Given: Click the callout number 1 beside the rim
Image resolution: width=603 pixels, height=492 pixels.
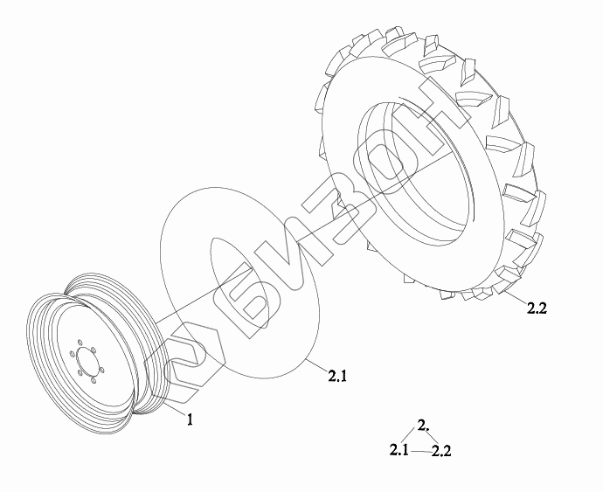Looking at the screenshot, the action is [190, 419].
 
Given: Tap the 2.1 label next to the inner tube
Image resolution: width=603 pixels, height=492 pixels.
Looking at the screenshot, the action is [337, 376].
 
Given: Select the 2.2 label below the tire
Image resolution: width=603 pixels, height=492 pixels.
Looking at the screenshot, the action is [537, 308].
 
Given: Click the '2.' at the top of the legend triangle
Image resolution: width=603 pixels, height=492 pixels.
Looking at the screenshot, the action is [423, 426].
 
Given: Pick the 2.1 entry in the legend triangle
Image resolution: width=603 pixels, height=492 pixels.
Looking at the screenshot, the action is [399, 450].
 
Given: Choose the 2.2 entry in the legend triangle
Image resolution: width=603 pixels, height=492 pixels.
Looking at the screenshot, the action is [441, 450].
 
